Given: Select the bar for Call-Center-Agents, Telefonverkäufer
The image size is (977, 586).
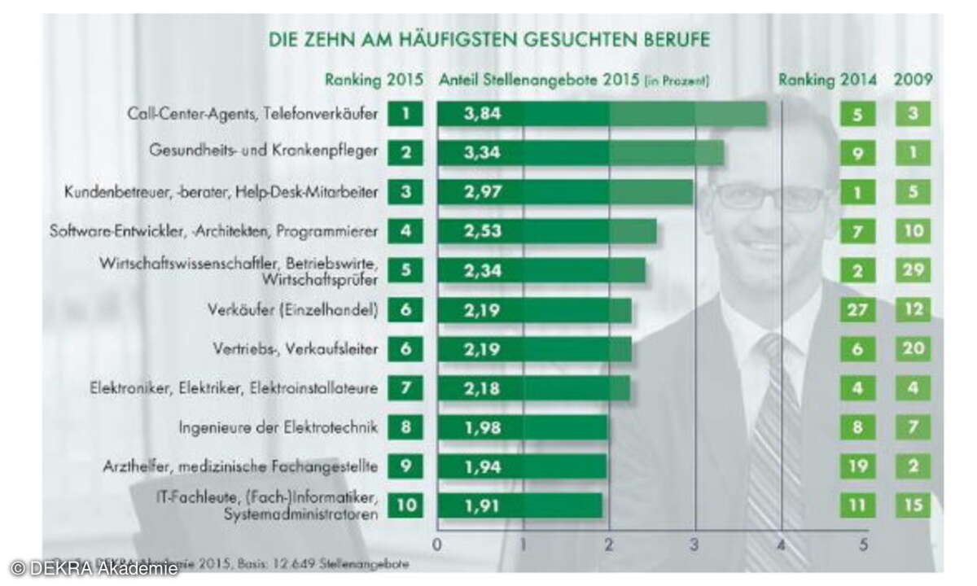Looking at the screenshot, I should [602, 114].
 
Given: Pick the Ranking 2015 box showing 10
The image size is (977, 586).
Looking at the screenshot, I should [405, 505].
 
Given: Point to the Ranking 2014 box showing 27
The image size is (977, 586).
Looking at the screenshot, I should [857, 309].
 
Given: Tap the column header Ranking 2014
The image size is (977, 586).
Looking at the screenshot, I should [827, 80].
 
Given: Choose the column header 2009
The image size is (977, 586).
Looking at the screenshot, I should [913, 80].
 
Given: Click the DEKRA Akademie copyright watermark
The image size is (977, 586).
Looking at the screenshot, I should [94, 568].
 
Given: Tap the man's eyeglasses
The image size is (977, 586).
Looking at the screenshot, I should [769, 196].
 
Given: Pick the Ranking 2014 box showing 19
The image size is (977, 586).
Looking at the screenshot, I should [857, 466].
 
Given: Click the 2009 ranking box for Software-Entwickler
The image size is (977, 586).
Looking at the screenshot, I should [913, 231].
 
